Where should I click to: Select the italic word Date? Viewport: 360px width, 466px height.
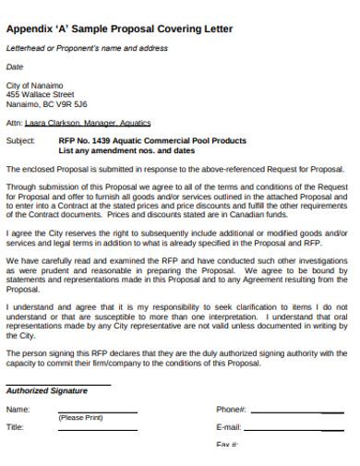point(15,67)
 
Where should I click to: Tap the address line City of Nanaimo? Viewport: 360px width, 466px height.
point(35,85)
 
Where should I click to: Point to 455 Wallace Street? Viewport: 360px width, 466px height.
point(40,94)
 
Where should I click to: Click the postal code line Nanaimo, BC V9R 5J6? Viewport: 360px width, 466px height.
point(47,103)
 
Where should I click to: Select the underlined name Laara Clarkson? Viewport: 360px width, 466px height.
point(50,122)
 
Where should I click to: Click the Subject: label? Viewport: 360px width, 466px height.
point(20,141)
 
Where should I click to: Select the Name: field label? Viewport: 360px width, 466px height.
point(18,409)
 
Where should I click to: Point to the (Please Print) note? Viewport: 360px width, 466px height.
point(80,417)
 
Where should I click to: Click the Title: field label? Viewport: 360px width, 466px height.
point(16,427)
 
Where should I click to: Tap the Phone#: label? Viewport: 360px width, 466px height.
point(231,409)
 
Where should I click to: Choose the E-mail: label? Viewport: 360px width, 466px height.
point(229,427)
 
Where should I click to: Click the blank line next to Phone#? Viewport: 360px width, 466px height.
point(295,412)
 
